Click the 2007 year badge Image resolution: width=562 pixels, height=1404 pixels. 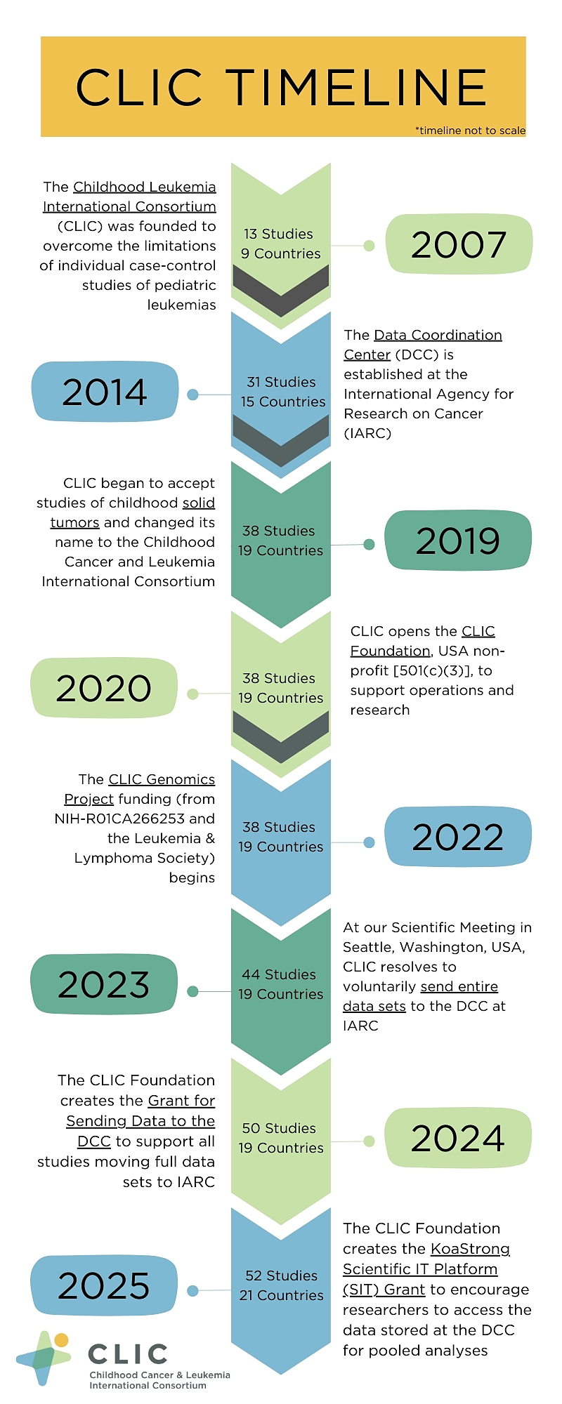(459, 244)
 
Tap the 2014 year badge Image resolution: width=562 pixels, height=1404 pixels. (105, 392)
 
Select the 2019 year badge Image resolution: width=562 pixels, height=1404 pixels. (458, 541)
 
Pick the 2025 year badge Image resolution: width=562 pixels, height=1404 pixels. (104, 1285)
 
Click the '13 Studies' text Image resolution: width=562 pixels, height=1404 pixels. (278, 234)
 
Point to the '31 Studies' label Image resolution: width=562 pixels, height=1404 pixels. (281, 382)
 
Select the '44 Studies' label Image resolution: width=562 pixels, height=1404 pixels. (279, 974)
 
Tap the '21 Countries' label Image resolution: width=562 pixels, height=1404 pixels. (281, 1295)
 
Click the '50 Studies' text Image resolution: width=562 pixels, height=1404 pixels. (279, 1128)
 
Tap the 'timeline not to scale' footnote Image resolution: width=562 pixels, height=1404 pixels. (470, 131)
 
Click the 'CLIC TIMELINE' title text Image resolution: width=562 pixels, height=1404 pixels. (281, 88)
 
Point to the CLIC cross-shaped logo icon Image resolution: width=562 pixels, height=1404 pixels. (44, 1358)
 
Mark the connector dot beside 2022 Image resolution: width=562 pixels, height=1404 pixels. (369, 842)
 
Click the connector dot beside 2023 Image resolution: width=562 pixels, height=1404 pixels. (193, 991)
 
